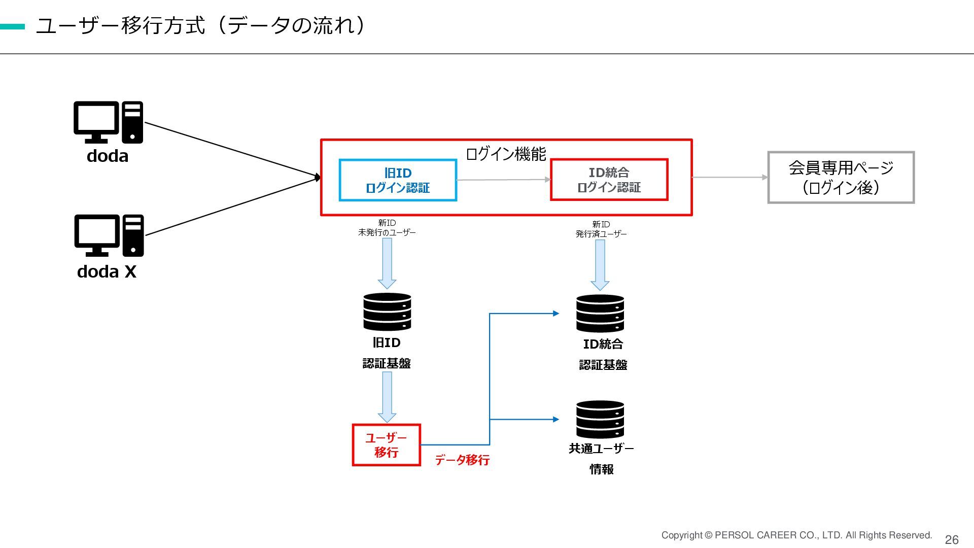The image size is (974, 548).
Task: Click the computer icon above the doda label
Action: point(108,122)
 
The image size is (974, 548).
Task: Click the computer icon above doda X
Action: point(109,235)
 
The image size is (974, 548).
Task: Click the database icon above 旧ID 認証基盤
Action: point(387,312)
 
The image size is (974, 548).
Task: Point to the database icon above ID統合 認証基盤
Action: point(600,314)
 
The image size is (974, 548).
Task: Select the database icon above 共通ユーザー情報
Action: point(600,420)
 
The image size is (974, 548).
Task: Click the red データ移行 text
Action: point(462,460)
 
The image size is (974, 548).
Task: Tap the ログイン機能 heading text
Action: point(506,154)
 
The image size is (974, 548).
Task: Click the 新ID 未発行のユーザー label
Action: point(387,228)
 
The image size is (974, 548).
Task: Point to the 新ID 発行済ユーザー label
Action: point(601,229)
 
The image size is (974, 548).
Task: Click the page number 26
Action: point(952,540)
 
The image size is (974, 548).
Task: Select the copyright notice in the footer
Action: point(796,535)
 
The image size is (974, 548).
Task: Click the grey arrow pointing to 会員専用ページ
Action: point(730,177)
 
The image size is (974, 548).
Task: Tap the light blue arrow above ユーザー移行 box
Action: point(387,397)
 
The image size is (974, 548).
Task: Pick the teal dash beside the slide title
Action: point(12,27)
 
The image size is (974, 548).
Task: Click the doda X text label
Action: point(107,271)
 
